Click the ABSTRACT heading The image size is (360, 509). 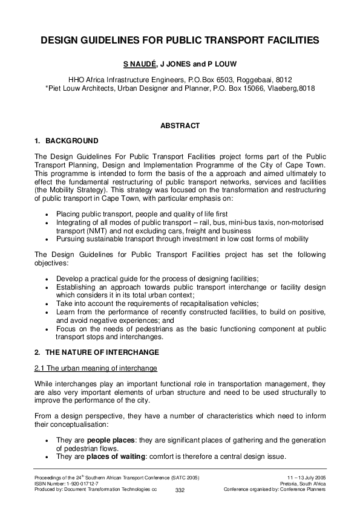(180, 126)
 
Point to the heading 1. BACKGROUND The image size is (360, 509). (67, 141)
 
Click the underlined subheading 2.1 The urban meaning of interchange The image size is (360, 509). (96, 368)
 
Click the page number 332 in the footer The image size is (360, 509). (180, 490)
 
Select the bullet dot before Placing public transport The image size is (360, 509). (48, 215)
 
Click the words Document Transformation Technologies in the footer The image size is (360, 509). (108, 489)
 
